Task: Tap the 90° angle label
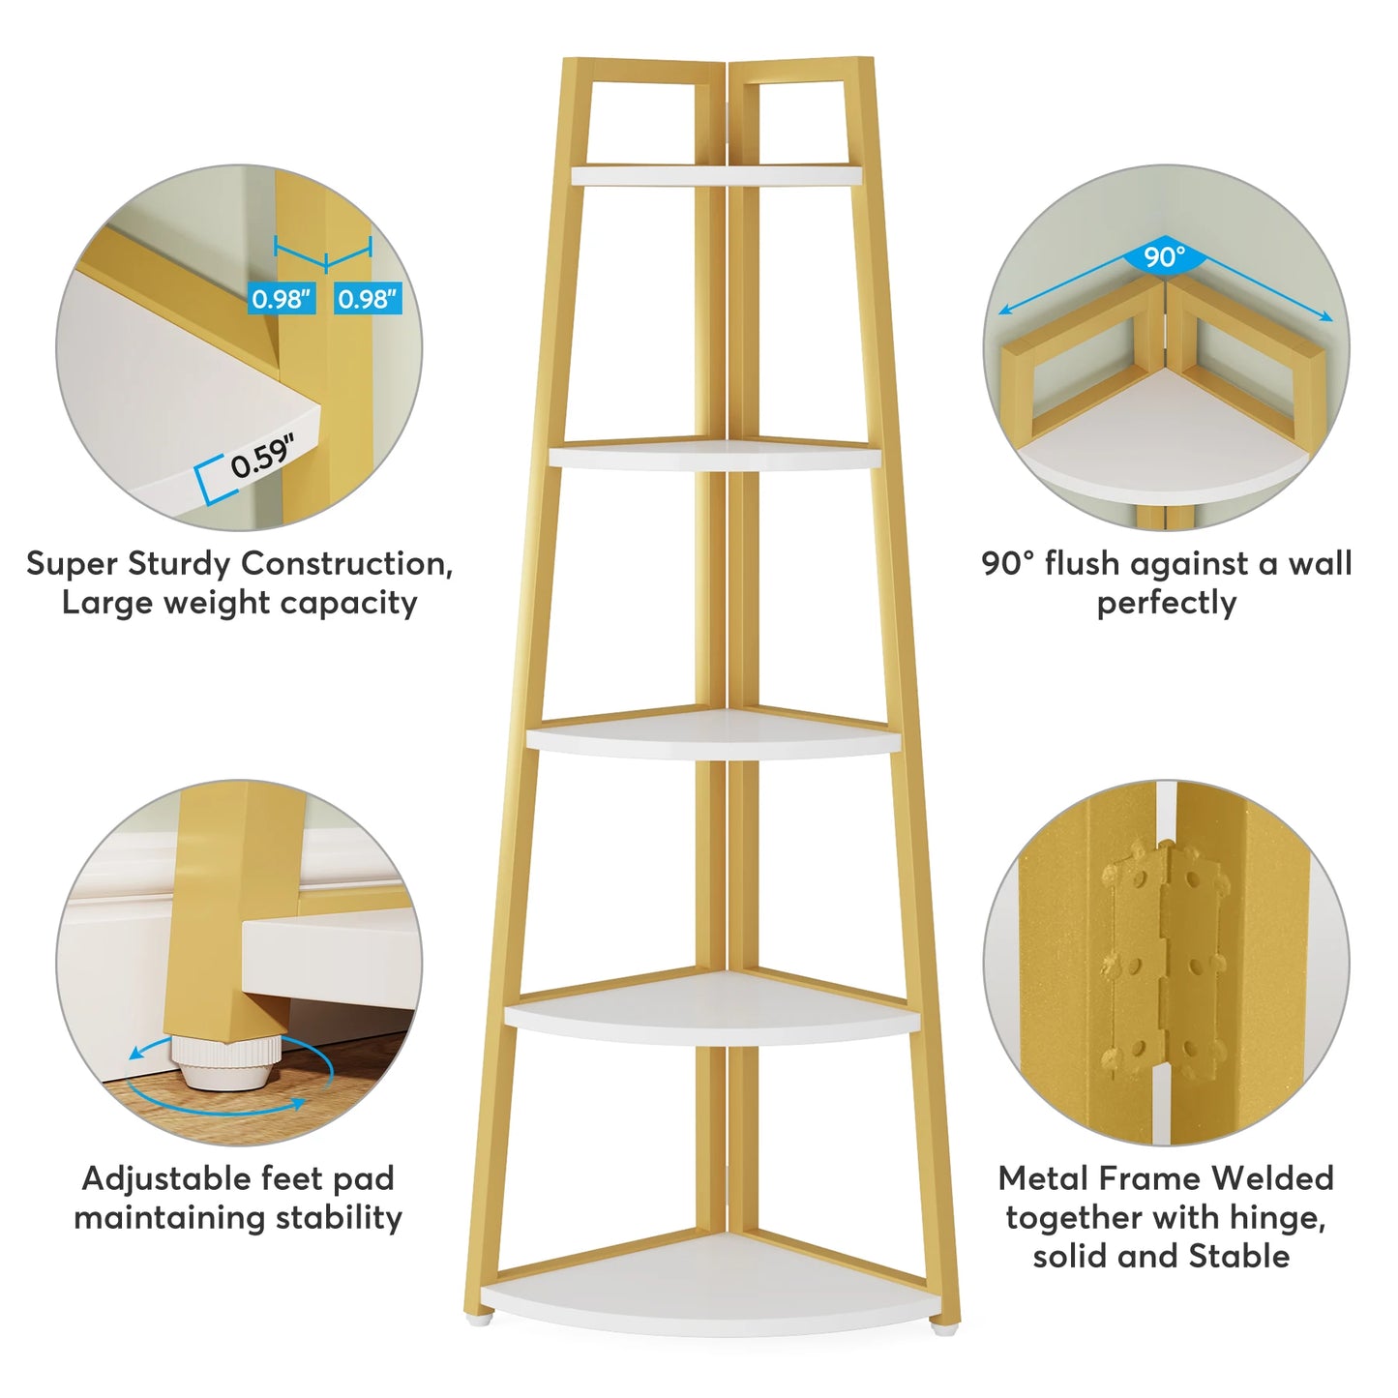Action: pos(1165,256)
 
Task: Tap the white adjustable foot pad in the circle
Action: pos(226,1063)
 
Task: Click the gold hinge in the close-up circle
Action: pos(1165,968)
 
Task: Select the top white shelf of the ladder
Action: pos(717,175)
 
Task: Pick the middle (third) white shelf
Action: pos(714,734)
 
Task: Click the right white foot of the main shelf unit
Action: pos(944,1330)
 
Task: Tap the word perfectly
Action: pos(1167,604)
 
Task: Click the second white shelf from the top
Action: pos(715,456)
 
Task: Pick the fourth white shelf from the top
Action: pos(712,1011)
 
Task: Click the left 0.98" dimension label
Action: pos(282,298)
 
